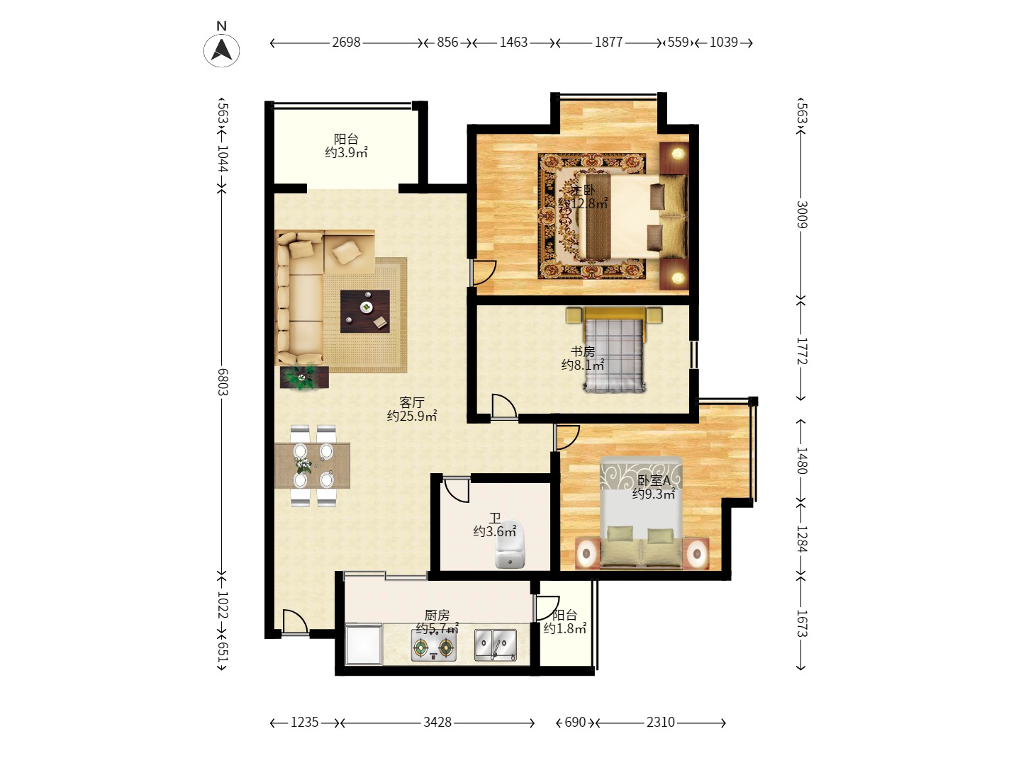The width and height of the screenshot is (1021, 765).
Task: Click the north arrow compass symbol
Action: pyautogui.click(x=222, y=50)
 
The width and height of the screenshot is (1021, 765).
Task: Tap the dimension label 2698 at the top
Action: pyautogui.click(x=346, y=42)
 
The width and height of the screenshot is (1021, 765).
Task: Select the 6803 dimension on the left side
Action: pyautogui.click(x=223, y=382)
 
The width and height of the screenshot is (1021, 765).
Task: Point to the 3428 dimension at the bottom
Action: pyautogui.click(x=437, y=722)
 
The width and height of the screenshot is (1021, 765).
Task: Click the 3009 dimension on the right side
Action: pyautogui.click(x=801, y=215)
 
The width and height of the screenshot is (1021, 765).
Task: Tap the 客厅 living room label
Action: pyautogui.click(x=411, y=403)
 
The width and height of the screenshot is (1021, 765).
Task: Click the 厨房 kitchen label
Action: pyautogui.click(x=437, y=615)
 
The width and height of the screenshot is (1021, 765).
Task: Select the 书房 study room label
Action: pyautogui.click(x=583, y=351)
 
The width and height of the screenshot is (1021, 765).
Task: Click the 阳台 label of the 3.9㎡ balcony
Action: pyautogui.click(x=346, y=140)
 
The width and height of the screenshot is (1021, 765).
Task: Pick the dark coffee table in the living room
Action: pyautogui.click(x=364, y=311)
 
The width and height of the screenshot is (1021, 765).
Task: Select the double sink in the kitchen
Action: pyautogui.click(x=495, y=645)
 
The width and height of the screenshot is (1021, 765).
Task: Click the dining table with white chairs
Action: pyautogui.click(x=312, y=465)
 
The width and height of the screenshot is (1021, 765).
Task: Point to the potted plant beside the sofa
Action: pyautogui.click(x=304, y=377)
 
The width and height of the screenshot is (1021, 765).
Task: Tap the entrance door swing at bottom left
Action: pyautogui.click(x=294, y=622)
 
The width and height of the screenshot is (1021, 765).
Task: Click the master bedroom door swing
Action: pyautogui.click(x=484, y=273)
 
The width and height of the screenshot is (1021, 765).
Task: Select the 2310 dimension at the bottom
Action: pyautogui.click(x=660, y=722)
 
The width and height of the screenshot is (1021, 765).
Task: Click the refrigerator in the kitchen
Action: pyautogui.click(x=363, y=645)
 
